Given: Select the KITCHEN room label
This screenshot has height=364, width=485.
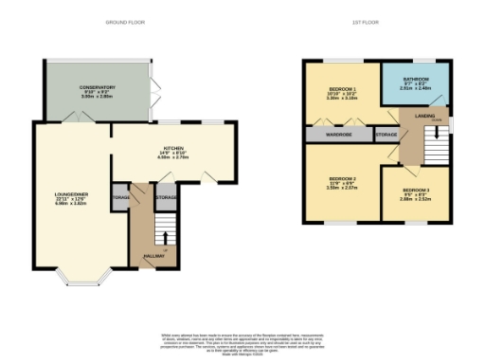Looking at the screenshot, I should [x=171, y=149].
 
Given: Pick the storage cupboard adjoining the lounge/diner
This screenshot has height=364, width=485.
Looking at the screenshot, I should [x=120, y=197].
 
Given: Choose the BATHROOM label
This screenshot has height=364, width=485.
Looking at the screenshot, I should [x=415, y=79].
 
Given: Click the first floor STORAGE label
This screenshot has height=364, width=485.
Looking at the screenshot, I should [x=386, y=135].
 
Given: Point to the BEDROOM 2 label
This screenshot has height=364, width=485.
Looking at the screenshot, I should [x=340, y=178].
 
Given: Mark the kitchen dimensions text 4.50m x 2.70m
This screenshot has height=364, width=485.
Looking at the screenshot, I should [x=171, y=158].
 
